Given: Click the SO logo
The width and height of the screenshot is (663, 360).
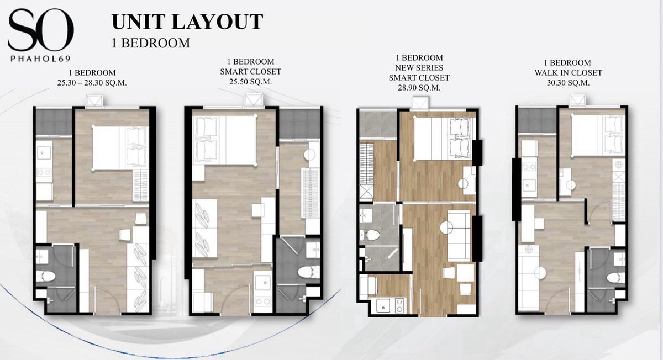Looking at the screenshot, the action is pos(41,30).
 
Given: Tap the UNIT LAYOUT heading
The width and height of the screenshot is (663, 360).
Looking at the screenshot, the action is pos(187,22).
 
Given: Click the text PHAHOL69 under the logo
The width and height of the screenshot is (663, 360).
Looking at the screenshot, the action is pos(40,59).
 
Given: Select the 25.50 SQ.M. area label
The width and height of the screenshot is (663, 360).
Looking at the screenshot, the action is pos(250,82).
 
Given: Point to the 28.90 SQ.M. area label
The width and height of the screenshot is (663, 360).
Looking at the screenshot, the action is pos(419,88).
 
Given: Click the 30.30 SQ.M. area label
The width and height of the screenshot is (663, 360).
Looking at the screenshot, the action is pos(569,83).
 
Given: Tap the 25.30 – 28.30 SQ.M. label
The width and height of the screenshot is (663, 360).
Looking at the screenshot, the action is pos(92,83).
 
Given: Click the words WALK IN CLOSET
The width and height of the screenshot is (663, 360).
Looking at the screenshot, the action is pos(569,73).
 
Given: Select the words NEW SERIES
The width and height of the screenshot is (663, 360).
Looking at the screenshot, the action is pos(419,68).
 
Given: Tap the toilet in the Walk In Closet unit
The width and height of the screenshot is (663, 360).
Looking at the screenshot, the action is pos(615,278).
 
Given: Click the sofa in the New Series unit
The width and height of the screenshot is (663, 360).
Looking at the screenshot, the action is pos(459,236).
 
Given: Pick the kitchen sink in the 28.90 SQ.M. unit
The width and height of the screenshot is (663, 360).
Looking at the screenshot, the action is pos(383,305).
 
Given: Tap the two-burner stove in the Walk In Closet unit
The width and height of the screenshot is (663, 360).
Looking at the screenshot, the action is pos(529,167).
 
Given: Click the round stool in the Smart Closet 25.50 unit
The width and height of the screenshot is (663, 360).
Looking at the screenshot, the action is pos(309,155).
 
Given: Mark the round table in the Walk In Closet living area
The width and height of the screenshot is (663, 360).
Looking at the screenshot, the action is pos(540,273).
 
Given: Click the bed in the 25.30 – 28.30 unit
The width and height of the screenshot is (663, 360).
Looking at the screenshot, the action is pos(120,148).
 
